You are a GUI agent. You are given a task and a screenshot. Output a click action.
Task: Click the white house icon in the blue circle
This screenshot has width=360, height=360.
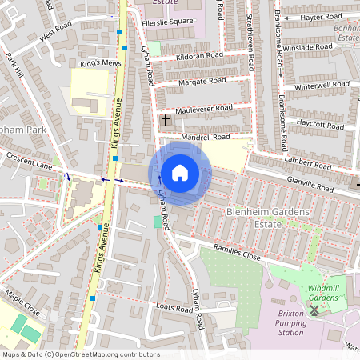[180, 172]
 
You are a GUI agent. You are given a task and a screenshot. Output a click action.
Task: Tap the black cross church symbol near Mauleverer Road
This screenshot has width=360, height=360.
[166, 120]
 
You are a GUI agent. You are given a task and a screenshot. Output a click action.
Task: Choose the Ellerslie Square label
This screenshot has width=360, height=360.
[166, 21]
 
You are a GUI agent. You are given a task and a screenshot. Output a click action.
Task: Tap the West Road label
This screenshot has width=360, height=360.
[56, 33]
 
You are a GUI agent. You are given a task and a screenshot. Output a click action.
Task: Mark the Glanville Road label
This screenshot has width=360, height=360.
[309, 184]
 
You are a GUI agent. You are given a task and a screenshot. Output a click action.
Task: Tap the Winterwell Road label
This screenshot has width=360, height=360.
[323, 86]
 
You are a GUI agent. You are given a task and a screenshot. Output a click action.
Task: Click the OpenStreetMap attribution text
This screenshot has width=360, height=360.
[80, 354]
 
